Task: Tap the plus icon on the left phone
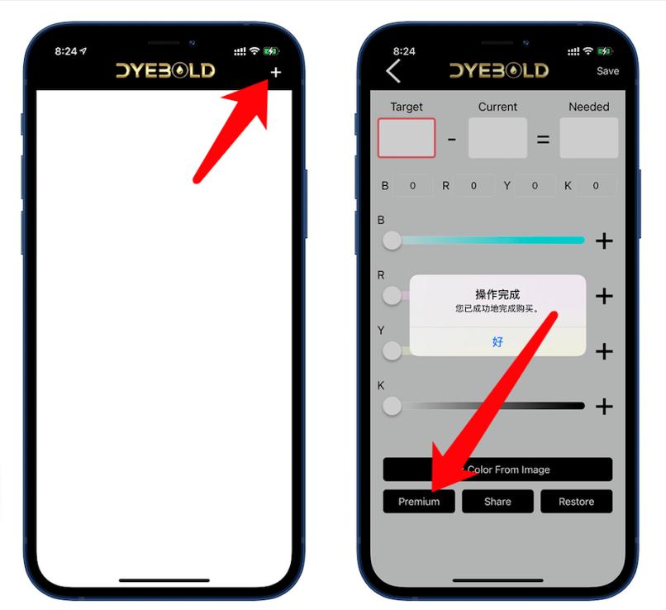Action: pos(275,72)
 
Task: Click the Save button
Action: pos(607,71)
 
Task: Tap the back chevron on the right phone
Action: pos(393,71)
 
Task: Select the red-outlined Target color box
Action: pos(407,138)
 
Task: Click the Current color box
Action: pos(497,138)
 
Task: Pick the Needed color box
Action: pos(588,138)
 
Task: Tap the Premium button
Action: pos(419,502)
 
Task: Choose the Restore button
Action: pos(576,502)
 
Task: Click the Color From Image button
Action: pos(497,469)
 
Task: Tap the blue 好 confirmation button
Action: pos(497,341)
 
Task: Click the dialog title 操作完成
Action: pos(497,294)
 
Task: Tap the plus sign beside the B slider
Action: pos(604,241)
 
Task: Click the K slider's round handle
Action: pos(392,406)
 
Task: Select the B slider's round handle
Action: pos(392,241)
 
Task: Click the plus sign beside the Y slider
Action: pos(604,351)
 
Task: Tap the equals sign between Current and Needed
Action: pos(543,139)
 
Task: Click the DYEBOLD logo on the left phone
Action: pos(165,71)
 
